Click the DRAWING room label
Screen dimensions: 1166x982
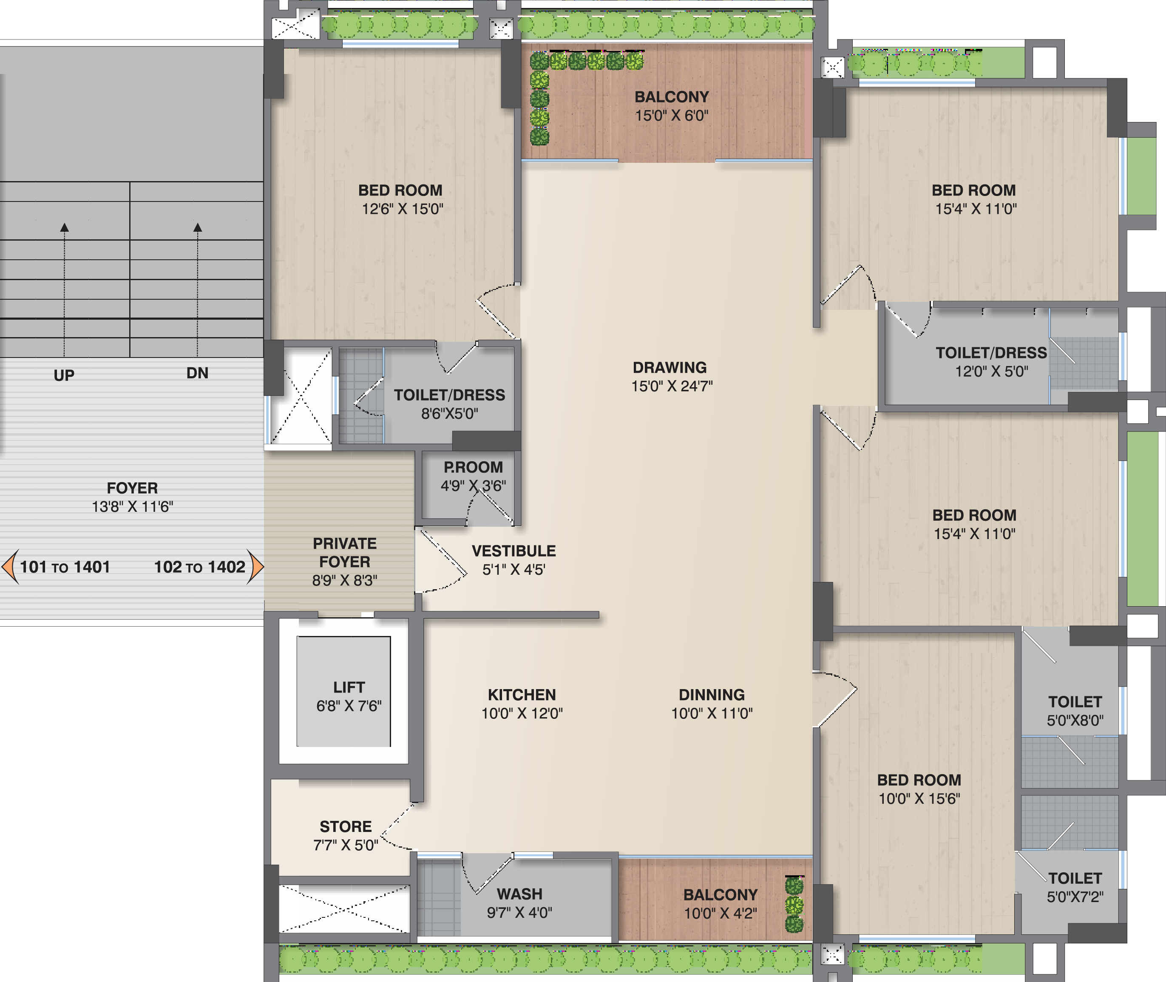(x=670, y=367)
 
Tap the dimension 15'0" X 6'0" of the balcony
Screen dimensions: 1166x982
(x=672, y=116)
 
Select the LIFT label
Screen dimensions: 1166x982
(x=349, y=687)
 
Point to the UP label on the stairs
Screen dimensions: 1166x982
(x=64, y=375)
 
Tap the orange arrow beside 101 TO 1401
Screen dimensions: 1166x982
(x=10, y=567)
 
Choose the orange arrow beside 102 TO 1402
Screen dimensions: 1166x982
(x=255, y=567)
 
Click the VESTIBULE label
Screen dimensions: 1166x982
(x=513, y=551)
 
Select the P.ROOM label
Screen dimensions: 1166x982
(x=473, y=467)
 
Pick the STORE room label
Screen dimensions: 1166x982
(x=346, y=827)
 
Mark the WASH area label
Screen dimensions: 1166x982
(x=519, y=894)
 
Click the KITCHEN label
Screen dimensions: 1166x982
(x=522, y=695)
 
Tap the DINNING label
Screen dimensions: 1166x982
(x=712, y=695)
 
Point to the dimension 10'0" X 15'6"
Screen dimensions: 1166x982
(x=919, y=799)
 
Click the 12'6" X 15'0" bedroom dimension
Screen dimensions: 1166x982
(x=403, y=209)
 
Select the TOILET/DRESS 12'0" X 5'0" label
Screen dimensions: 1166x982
(x=991, y=362)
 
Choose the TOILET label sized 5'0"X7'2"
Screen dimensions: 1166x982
(x=1075, y=887)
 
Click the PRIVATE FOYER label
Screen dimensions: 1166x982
(x=344, y=553)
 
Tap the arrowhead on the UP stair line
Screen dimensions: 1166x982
(x=65, y=227)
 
